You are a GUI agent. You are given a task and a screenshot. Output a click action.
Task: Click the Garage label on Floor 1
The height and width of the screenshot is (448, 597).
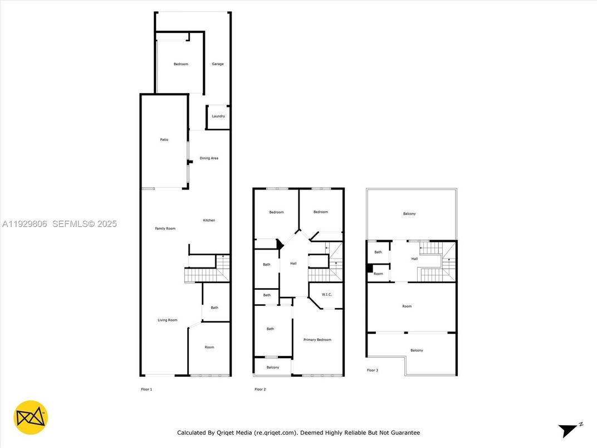[218, 64]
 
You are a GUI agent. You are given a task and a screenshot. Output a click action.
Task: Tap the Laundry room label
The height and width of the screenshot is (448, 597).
[218, 116]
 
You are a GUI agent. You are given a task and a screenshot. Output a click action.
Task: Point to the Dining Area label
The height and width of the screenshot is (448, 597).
[209, 158]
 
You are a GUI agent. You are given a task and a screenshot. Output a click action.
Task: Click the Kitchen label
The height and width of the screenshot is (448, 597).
[209, 220]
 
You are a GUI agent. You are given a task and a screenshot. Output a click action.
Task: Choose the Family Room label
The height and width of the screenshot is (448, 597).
[165, 228]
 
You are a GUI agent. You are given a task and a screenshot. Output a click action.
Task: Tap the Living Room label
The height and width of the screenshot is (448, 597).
[167, 320]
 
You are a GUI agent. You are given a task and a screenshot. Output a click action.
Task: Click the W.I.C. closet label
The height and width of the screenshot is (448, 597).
[327, 294]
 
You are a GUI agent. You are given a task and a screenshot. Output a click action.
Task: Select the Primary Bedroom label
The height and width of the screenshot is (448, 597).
[317, 339]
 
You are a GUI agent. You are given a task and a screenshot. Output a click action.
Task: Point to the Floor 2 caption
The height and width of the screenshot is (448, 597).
[260, 389]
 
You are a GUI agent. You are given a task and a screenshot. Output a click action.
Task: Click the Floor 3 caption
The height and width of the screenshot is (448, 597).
[373, 370]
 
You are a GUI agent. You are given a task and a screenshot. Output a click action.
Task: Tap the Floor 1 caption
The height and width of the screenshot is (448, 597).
[146, 389]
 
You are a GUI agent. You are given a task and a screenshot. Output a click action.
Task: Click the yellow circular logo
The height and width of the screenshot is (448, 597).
[31, 417]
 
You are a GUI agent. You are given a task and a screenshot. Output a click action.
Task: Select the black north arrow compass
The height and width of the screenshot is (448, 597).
[569, 430]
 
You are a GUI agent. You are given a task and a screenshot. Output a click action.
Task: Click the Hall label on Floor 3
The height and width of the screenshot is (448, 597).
[414, 259]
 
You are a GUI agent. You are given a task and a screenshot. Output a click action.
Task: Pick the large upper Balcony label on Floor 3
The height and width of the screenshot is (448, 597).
[409, 214]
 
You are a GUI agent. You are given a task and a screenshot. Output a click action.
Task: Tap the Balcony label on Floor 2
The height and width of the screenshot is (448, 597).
[273, 367]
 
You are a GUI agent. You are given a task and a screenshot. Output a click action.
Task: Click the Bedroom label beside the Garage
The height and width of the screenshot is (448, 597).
[180, 64]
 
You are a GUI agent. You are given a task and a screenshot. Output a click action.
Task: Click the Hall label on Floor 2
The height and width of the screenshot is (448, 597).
[293, 264]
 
